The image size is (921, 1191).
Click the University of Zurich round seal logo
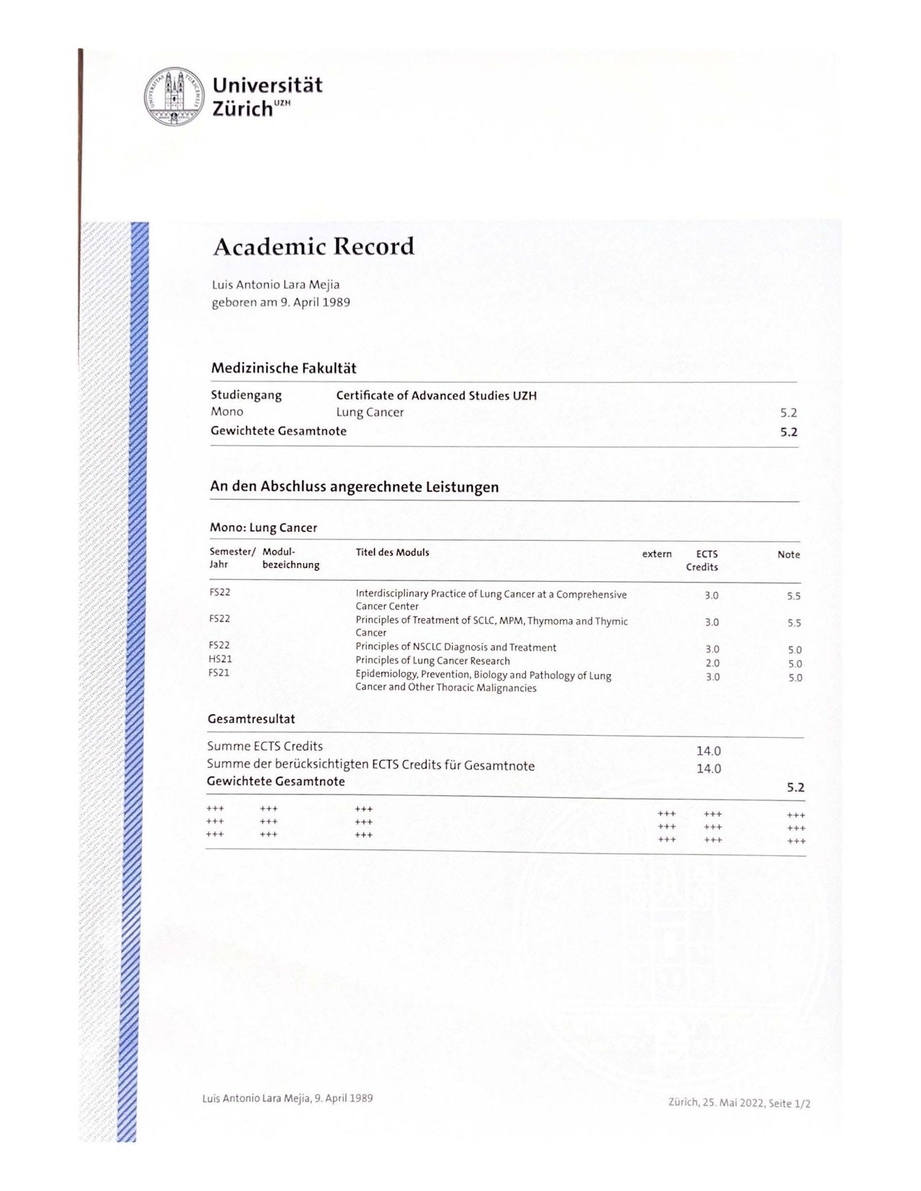[x=174, y=97]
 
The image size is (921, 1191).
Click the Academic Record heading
[x=314, y=247]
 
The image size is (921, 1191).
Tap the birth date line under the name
[x=281, y=302]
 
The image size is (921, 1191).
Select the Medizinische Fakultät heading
[x=283, y=368]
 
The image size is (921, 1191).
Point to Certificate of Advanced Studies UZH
[x=436, y=396]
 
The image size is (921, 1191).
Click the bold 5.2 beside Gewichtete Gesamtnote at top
[x=789, y=432]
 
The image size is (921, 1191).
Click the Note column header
[x=789, y=555]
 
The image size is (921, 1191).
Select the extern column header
[x=657, y=554]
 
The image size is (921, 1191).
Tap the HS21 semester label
[x=220, y=659]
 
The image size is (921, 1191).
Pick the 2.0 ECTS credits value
[x=712, y=663]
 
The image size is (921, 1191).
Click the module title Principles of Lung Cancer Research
[x=432, y=661]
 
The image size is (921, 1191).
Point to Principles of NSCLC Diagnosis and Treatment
[x=455, y=647]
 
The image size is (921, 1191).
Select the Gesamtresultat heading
[x=251, y=718]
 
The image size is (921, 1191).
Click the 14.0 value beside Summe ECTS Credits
[x=708, y=751]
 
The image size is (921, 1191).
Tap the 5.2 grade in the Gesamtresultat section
[x=795, y=788]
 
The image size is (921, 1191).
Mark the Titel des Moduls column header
[x=392, y=552]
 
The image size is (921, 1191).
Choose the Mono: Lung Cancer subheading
[x=263, y=527]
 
